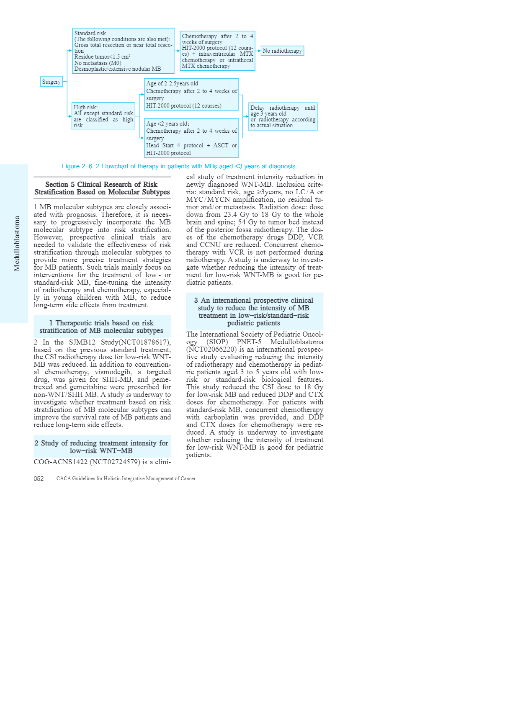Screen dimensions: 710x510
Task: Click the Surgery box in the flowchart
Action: point(52,82)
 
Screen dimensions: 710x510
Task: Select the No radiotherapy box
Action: point(282,51)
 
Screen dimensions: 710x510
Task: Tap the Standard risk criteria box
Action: point(123,51)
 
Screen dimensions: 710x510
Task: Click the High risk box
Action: point(103,116)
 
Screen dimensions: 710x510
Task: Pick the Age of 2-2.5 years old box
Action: point(191,95)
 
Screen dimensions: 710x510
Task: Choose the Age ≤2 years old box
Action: point(191,138)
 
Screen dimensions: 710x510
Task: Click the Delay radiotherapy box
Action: point(283,116)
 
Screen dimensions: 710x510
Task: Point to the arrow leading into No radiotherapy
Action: point(258,51)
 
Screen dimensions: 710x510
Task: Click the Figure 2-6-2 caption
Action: point(178,166)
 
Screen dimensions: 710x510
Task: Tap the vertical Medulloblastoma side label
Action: point(17,243)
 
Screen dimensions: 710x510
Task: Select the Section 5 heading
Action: point(102,188)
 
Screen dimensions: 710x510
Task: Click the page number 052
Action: point(39,478)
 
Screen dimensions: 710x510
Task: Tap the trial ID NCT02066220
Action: point(211,349)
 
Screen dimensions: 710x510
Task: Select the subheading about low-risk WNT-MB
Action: point(101,447)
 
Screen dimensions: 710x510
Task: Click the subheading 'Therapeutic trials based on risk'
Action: point(101,327)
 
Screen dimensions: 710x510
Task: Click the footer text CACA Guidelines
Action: point(126,478)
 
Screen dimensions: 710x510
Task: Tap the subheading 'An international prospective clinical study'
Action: point(254,311)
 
